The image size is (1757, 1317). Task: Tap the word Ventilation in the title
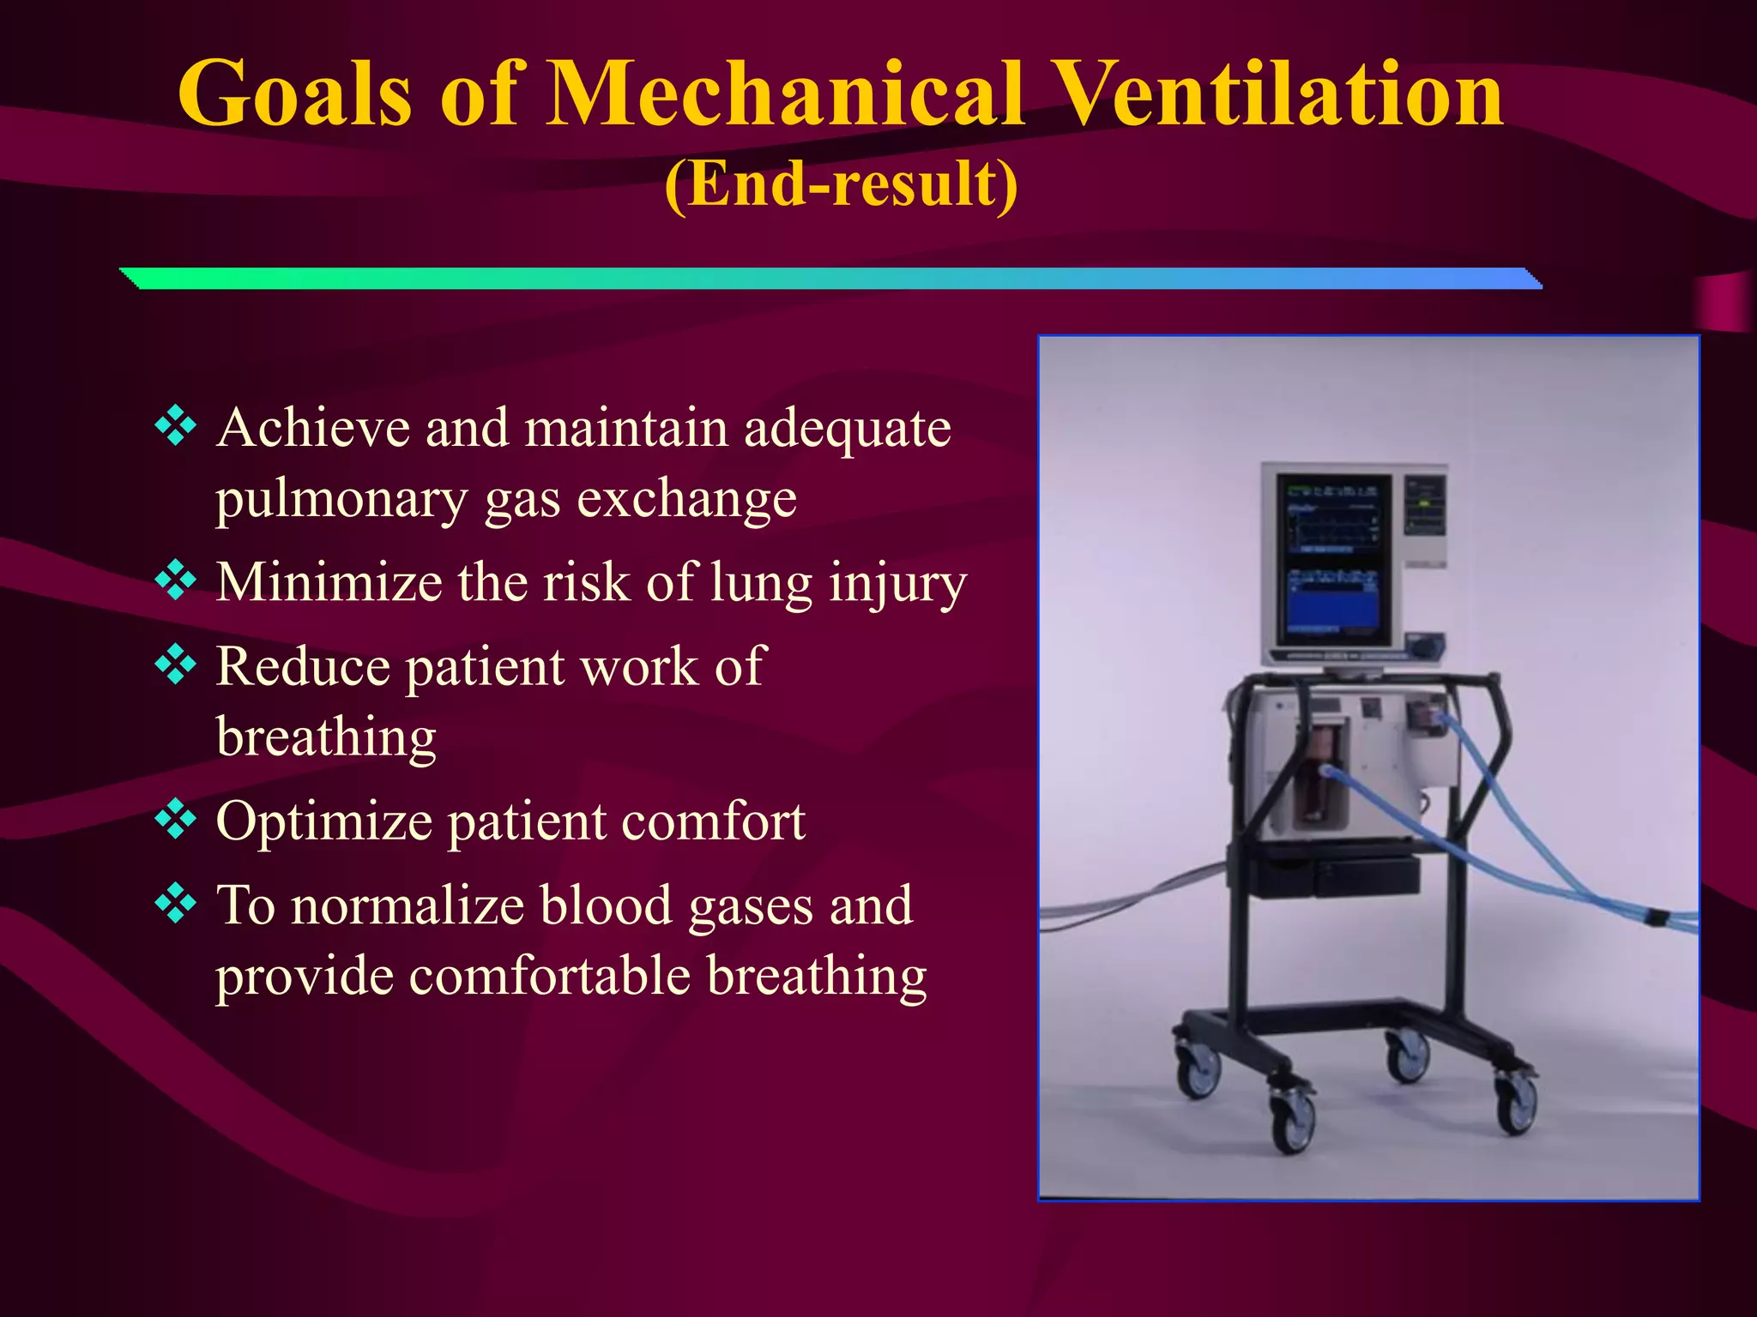coord(1278,94)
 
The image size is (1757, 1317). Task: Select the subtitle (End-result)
coord(842,183)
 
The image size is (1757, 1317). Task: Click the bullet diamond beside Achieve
coord(176,426)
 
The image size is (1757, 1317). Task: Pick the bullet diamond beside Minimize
coord(176,580)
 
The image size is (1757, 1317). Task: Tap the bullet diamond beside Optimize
coord(176,820)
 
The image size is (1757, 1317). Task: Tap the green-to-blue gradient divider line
coord(830,279)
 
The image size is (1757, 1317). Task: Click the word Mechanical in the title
coord(785,94)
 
